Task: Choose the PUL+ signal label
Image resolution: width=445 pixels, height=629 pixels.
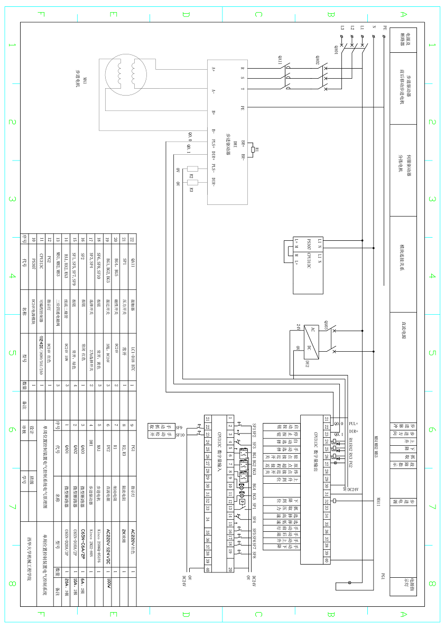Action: coord(354,424)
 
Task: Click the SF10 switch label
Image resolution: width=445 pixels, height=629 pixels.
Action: coord(180,435)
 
